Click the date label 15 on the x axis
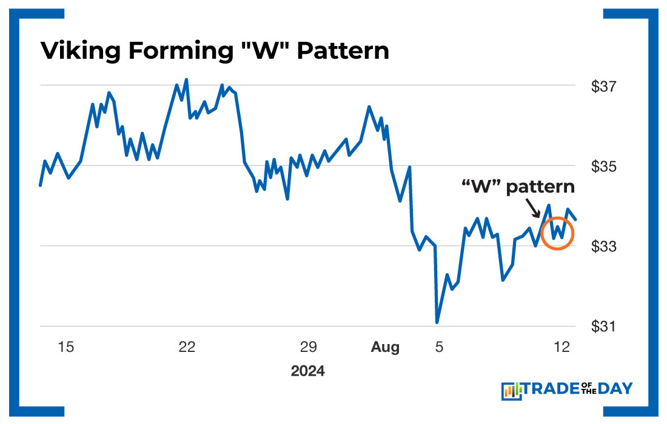[x=65, y=347]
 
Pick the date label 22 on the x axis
[x=187, y=347]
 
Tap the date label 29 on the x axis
[x=308, y=347]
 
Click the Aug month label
[x=385, y=347]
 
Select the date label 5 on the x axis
[x=440, y=347]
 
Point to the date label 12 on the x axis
[x=563, y=347]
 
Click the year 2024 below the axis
[x=307, y=371]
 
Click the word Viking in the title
[x=76, y=51]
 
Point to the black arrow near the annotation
[x=533, y=210]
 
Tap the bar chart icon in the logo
[x=512, y=391]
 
